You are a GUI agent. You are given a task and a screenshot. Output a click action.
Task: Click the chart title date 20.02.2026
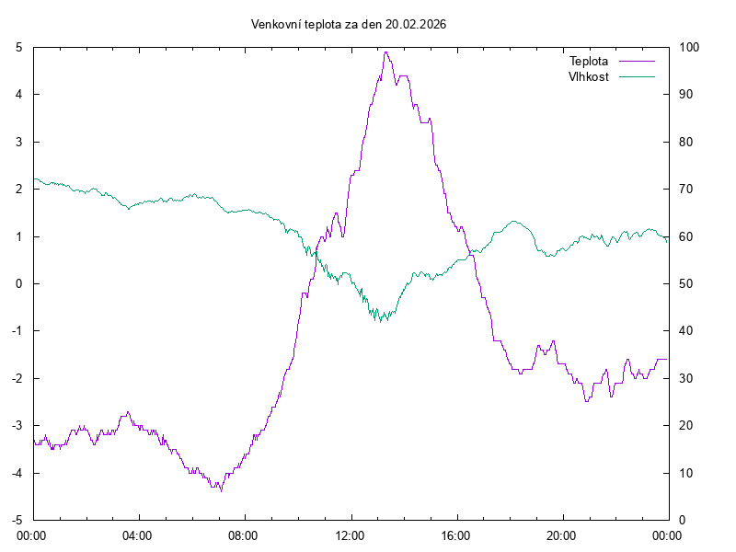point(416,24)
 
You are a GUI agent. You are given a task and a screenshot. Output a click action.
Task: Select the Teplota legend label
point(589,61)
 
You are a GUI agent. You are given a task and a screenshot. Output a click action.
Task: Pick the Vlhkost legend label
point(589,76)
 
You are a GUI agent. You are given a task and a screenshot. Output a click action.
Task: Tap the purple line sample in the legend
point(636,61)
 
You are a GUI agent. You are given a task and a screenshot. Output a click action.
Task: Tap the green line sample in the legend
point(636,76)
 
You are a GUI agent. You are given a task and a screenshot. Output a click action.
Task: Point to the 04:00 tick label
point(138,534)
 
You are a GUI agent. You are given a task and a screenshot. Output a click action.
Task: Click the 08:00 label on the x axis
point(244,534)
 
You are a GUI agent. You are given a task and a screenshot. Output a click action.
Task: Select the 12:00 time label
point(350,534)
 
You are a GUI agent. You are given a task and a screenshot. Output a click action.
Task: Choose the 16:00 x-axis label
point(455,534)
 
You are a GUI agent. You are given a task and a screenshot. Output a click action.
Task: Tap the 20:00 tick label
point(561,534)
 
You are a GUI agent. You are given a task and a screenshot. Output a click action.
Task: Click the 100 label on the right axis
point(689,47)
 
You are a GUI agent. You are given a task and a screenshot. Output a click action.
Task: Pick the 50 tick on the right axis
point(686,283)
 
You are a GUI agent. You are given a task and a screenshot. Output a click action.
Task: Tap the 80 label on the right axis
point(686,142)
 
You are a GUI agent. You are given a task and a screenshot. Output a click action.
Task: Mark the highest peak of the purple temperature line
point(386,52)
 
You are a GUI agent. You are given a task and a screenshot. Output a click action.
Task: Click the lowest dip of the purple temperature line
point(221,490)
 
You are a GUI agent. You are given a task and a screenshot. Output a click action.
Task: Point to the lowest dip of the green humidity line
point(380,321)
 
